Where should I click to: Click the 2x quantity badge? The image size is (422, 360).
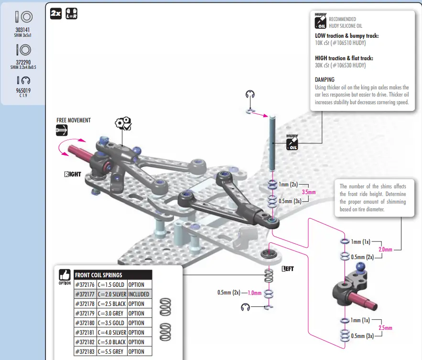tap(55, 14)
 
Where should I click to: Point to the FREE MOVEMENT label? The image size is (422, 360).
tap(73, 120)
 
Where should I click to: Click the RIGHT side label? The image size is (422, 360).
tap(73, 174)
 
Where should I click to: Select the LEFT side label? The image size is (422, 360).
tap(288, 269)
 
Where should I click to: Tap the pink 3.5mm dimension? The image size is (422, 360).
tap(309, 192)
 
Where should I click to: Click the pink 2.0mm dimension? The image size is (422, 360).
tap(385, 250)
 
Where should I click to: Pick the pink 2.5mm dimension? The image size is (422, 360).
tap(385, 328)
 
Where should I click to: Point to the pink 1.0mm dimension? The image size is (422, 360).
tap(254, 293)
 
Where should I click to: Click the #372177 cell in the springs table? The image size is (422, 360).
tap(85, 295)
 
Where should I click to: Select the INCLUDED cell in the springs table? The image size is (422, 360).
tap(139, 295)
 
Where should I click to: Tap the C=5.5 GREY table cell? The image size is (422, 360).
tap(111, 351)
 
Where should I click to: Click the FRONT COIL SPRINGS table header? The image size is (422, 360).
tap(98, 275)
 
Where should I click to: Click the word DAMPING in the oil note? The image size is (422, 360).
tap(325, 79)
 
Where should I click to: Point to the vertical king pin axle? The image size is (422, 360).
tap(271, 143)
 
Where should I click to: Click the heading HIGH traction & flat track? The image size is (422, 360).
tap(344, 58)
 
